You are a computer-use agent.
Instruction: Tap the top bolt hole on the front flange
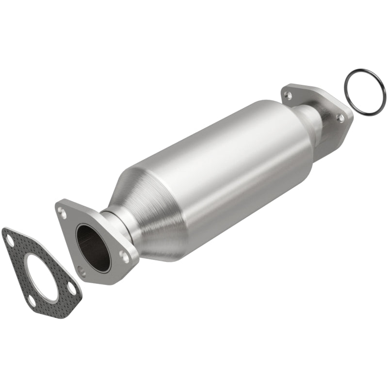point(62,211)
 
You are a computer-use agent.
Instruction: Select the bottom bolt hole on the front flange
point(82,273)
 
